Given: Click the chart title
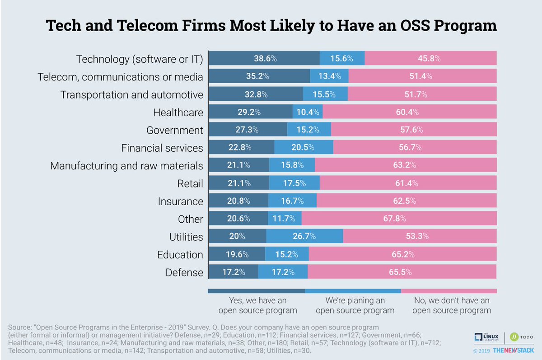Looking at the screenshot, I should coord(271,25).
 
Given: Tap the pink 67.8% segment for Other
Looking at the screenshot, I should coord(399,219).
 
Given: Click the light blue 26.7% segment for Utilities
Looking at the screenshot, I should coord(304,237).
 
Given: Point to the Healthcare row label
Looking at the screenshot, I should coord(178,112).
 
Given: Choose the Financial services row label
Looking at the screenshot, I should coord(162,148).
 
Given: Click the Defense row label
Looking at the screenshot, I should coord(184,272).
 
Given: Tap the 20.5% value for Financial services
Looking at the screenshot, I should coord(304,148).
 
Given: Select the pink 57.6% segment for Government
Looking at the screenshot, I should coord(414,130).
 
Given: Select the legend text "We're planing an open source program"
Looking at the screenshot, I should coord(355,305).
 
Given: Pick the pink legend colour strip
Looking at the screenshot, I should coord(449,291).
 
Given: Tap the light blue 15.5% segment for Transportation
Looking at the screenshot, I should coord(325,94).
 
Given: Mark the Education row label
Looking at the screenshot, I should coord(180,255).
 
